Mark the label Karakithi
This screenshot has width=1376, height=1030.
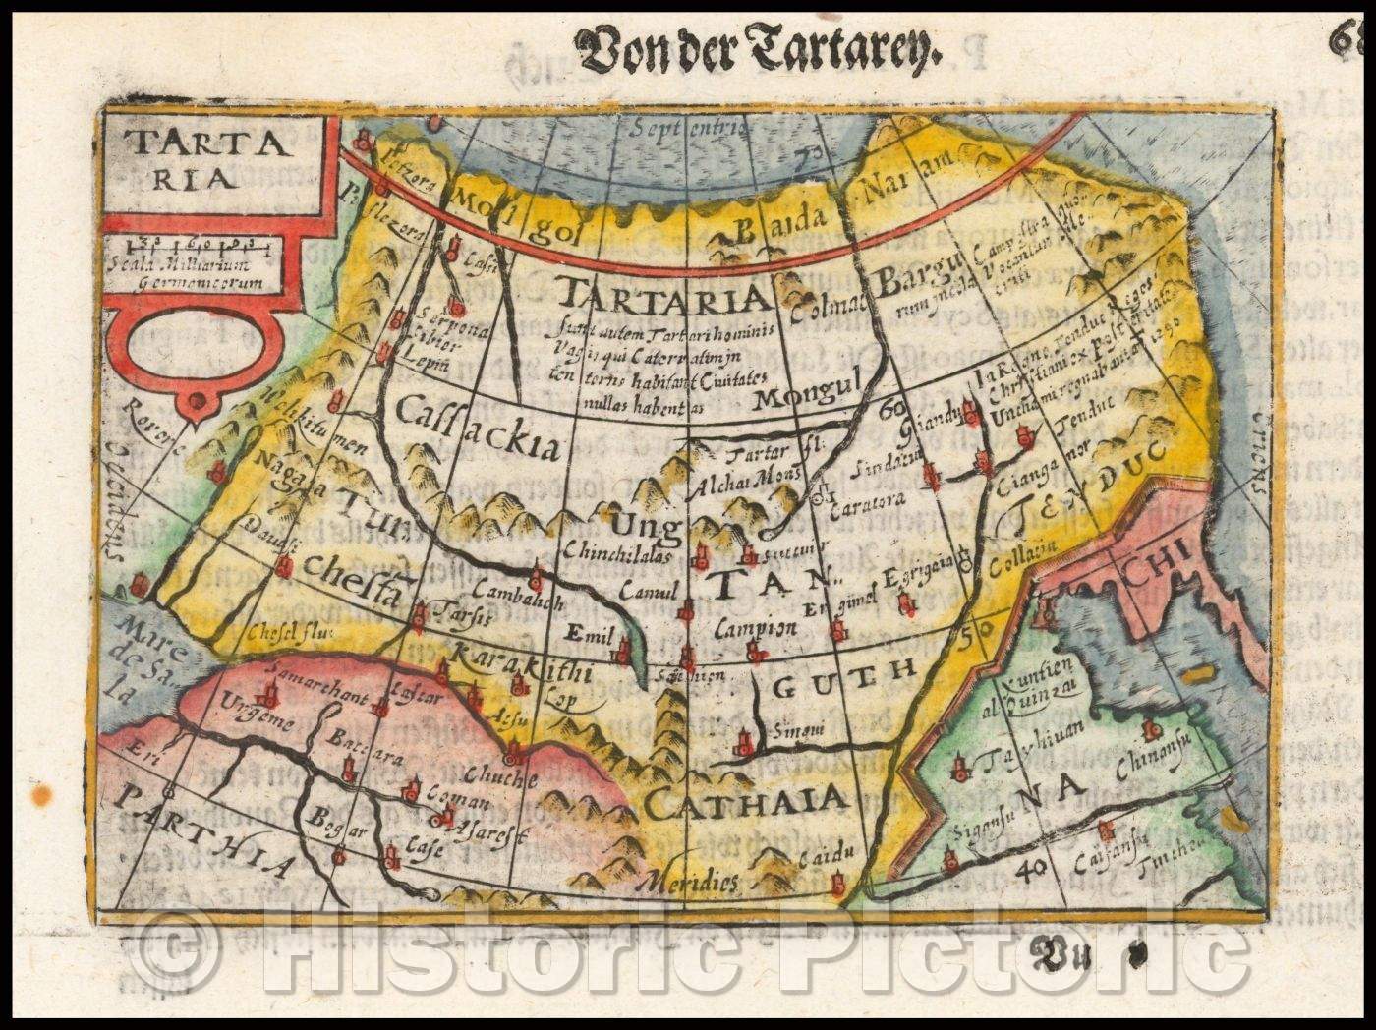point(520,671)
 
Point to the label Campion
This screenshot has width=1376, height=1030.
point(755,627)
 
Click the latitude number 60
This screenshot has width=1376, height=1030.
point(893,408)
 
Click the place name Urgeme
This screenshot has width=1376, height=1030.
point(258,721)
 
